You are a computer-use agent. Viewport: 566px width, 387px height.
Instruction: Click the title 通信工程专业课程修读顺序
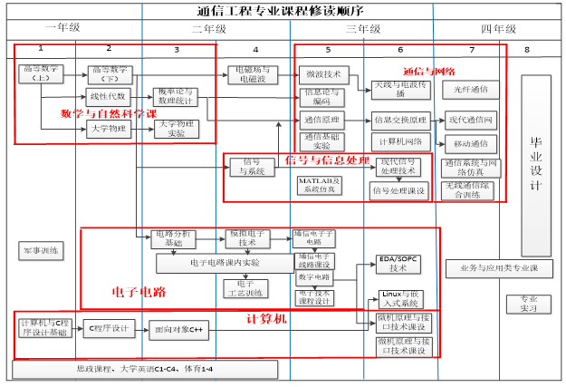click(283, 10)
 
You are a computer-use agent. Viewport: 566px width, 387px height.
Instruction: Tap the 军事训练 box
click(40, 249)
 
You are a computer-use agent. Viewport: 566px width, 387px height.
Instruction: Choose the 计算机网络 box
click(401, 141)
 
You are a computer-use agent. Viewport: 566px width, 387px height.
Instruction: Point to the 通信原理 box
click(321, 119)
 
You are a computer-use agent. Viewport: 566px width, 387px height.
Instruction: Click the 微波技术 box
click(322, 73)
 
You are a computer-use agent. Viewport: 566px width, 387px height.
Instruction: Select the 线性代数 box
click(110, 96)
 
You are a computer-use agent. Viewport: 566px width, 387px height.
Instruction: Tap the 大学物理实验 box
click(177, 129)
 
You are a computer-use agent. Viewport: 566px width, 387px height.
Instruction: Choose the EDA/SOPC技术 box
click(399, 264)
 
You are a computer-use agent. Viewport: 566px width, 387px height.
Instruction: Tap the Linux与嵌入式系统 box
click(399, 300)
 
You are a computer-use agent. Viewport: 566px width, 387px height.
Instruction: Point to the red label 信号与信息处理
click(327, 160)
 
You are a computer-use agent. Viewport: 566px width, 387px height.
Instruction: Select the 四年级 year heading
click(498, 29)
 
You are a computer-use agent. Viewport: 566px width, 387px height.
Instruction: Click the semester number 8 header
click(527, 49)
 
